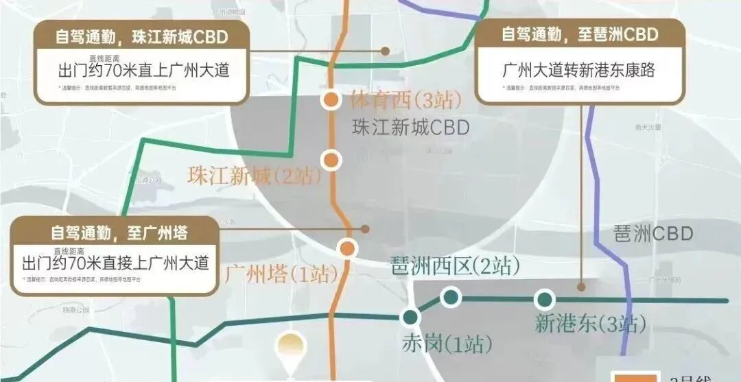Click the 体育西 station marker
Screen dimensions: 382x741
331,100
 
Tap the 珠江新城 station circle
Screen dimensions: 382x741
331,160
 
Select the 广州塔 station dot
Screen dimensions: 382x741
348,248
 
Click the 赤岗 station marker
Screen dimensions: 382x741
410,317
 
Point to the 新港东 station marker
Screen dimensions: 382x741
545,299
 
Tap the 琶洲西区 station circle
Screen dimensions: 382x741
450,297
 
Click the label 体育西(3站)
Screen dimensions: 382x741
405,101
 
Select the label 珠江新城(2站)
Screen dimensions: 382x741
255,176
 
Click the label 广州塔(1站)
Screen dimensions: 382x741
281,276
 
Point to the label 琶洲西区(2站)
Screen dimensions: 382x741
454,265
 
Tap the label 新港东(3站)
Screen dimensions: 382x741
590,323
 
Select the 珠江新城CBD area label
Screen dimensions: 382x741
410,128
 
